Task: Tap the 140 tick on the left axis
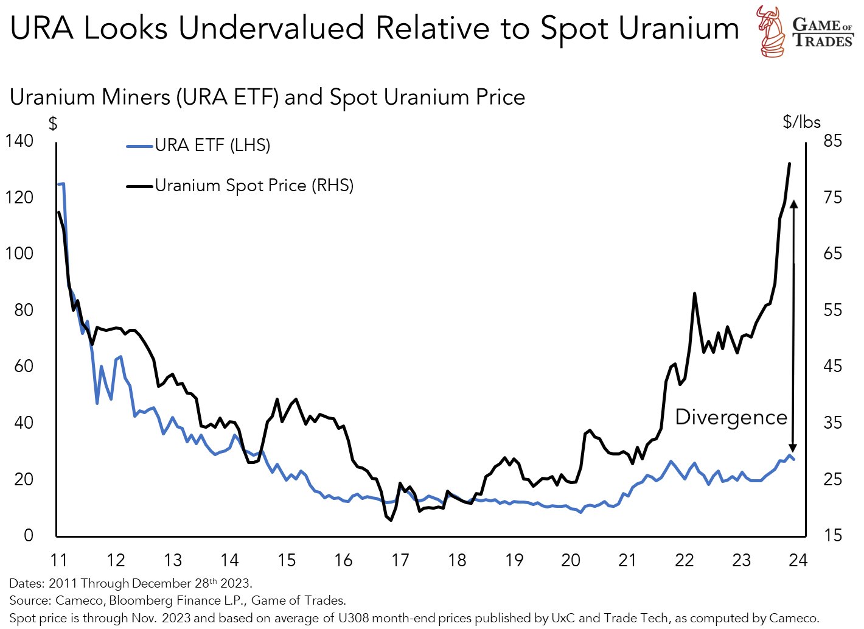pos(19,141)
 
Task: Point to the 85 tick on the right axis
pos(832,141)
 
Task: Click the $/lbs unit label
pos(801,122)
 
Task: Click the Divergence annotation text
pos(731,417)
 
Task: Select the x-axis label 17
pos(400,560)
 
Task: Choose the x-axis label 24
pos(798,560)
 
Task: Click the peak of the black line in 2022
pos(694,293)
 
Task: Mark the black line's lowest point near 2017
pos(391,520)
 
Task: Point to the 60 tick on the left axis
pos(24,366)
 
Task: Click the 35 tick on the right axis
pos(832,423)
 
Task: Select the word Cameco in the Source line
pos(80,601)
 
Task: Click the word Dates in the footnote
pos(26,583)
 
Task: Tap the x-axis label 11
pos(58,560)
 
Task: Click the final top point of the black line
pos(789,164)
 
